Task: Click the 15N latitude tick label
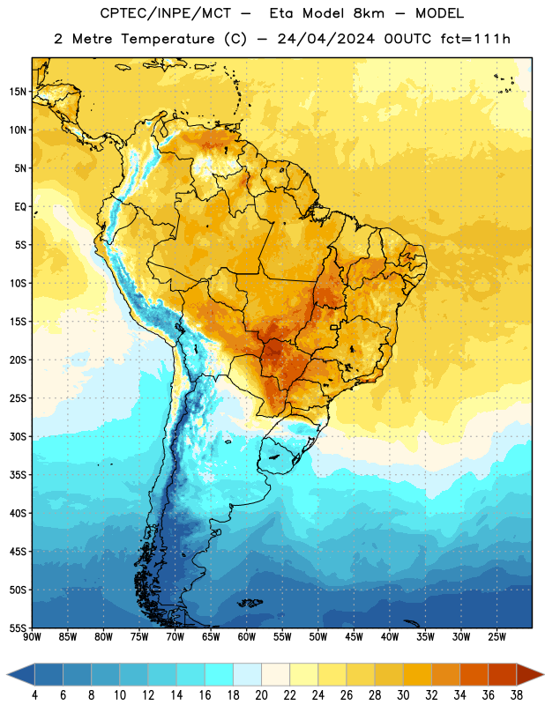(18, 92)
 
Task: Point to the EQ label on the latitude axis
(20, 207)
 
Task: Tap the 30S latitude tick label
(18, 437)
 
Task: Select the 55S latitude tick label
(18, 628)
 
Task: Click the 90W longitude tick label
(32, 637)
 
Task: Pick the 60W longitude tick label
(247, 637)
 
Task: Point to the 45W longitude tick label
(355, 637)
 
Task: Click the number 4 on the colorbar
(34, 695)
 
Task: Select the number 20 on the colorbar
(261, 695)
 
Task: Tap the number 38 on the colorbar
(517, 695)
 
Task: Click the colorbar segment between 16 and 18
(220, 675)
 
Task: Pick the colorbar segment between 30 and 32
(418, 675)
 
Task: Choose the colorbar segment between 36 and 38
(503, 675)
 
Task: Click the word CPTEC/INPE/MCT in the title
(166, 13)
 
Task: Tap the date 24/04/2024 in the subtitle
(326, 39)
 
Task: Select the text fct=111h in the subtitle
(475, 39)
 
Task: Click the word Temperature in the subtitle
(168, 40)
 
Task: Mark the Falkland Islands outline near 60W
(250, 603)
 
